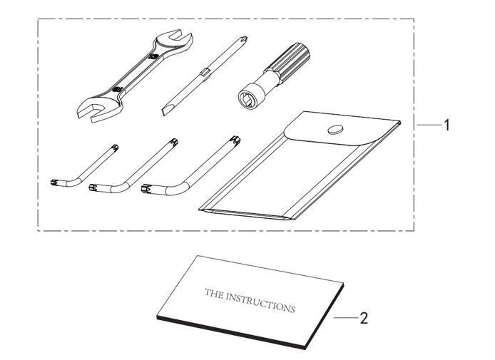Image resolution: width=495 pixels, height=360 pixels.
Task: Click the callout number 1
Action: (x=446, y=125)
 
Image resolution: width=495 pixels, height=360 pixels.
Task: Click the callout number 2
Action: (x=364, y=318)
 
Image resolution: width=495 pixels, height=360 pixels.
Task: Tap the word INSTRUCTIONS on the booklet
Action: (x=260, y=303)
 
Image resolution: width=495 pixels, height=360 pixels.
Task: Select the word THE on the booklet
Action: (x=214, y=294)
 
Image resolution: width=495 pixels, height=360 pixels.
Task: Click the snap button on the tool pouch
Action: (x=335, y=129)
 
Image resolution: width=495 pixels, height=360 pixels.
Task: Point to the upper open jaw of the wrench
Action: (x=175, y=38)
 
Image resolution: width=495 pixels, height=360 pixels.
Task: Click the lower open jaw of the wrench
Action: (x=93, y=111)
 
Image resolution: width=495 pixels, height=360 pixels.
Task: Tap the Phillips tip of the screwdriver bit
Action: (x=243, y=40)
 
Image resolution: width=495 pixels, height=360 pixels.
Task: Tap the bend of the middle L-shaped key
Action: (x=119, y=187)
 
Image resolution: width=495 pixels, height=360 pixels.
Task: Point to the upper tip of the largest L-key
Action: (x=236, y=140)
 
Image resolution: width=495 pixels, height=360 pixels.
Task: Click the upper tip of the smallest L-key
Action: (x=116, y=147)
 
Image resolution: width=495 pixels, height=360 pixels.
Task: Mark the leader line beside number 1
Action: (x=429, y=125)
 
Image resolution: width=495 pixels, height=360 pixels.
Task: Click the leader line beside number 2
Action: (x=347, y=318)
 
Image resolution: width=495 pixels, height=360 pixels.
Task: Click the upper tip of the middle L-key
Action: (x=174, y=143)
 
